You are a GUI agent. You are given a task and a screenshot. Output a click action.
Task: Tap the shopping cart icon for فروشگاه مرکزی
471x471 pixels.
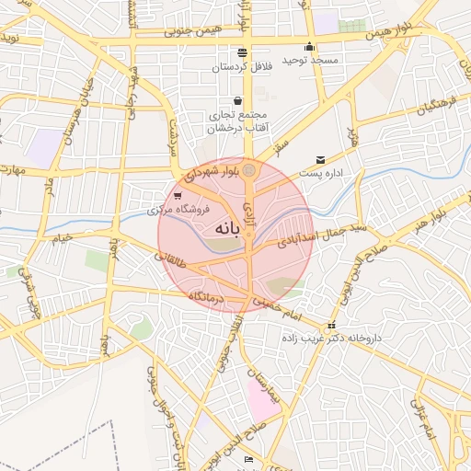tap(177, 196)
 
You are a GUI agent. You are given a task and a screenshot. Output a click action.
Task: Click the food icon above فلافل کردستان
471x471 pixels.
tap(242, 52)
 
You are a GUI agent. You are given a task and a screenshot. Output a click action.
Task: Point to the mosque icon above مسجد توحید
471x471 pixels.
tap(309, 47)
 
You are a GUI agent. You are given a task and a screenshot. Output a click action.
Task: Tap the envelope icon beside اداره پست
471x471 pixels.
tap(320, 160)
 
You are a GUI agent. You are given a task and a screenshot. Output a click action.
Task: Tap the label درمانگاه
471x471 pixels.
tap(207, 296)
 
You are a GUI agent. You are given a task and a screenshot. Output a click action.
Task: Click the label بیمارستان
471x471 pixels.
tap(265, 387)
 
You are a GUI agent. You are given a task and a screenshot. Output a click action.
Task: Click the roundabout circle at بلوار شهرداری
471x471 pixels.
tap(249, 169)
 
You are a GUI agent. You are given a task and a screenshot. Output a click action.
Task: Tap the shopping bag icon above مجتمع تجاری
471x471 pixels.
tap(237, 100)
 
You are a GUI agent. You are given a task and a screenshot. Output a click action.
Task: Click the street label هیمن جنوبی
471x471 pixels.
tap(192, 30)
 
